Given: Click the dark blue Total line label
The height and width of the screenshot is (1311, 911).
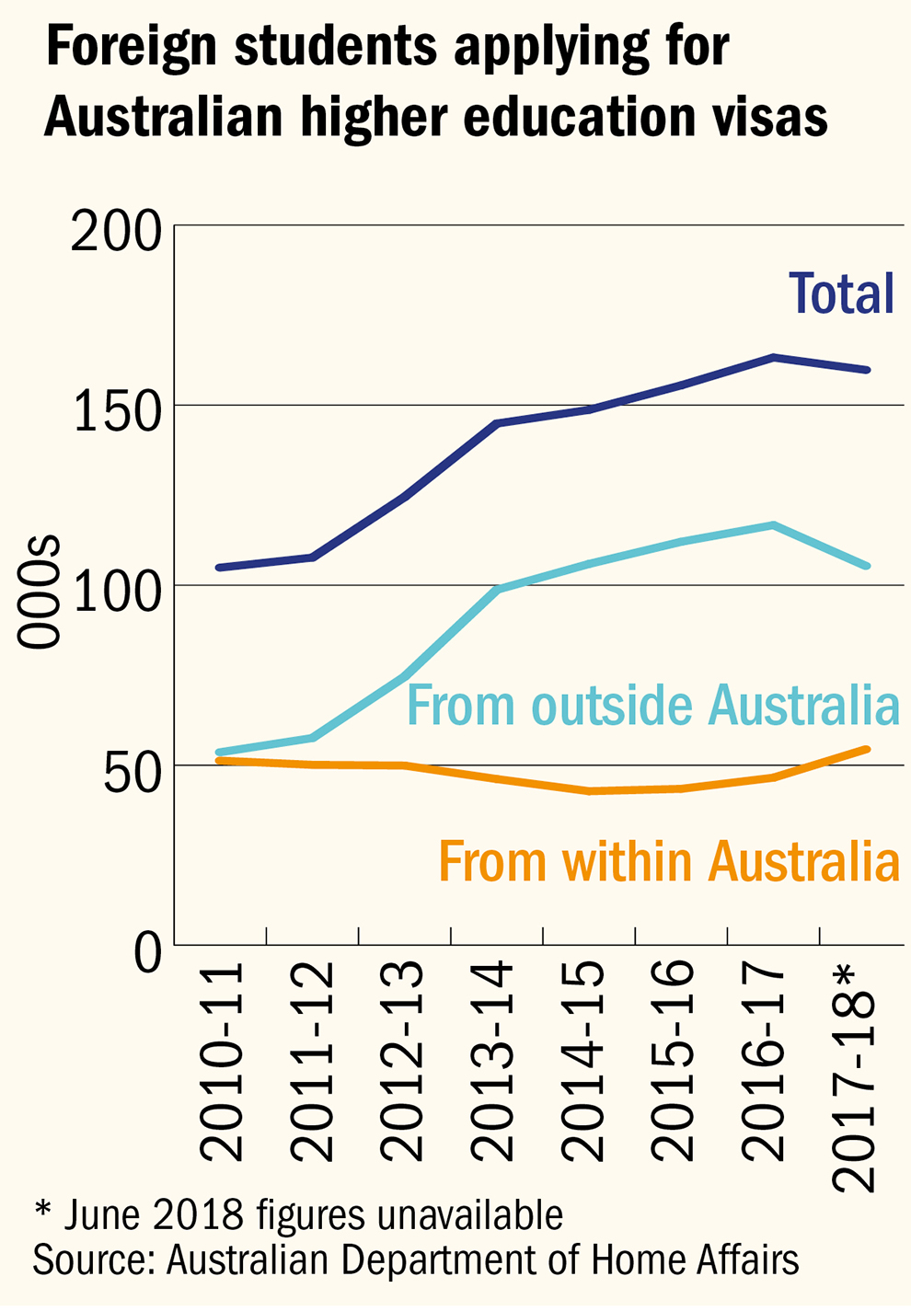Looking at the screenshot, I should [842, 293].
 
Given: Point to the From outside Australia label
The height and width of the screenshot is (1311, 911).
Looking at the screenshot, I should [652, 706].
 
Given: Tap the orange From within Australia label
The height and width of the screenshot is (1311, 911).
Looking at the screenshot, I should [669, 862].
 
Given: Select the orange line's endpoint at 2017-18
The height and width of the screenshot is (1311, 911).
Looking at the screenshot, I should [867, 750].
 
